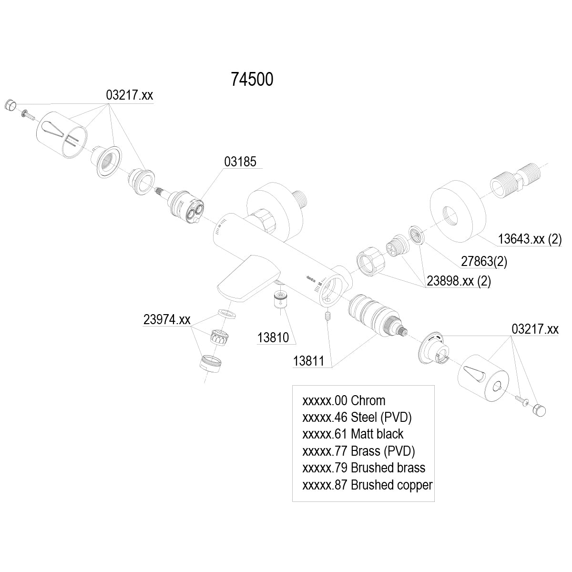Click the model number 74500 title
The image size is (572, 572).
coord(252,80)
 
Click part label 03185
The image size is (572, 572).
coord(240,162)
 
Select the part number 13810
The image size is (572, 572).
coord(273,337)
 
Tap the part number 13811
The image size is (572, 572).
coord(308,361)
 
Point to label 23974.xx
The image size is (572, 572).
coord(167,320)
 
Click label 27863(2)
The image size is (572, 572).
coord(484,261)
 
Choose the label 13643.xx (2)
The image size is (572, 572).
coord(530,239)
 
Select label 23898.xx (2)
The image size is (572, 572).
coord(459,281)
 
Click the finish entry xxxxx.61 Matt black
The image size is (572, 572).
coord(353,434)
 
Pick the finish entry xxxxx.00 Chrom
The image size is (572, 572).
coord(344,400)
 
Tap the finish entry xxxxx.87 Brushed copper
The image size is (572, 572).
coord(367,485)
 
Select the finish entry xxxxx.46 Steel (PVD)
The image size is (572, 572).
coord(357,417)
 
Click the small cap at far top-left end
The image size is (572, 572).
coord(10,104)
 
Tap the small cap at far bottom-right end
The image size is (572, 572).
coord(539,409)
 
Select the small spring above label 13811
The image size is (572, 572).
coord(327,316)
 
